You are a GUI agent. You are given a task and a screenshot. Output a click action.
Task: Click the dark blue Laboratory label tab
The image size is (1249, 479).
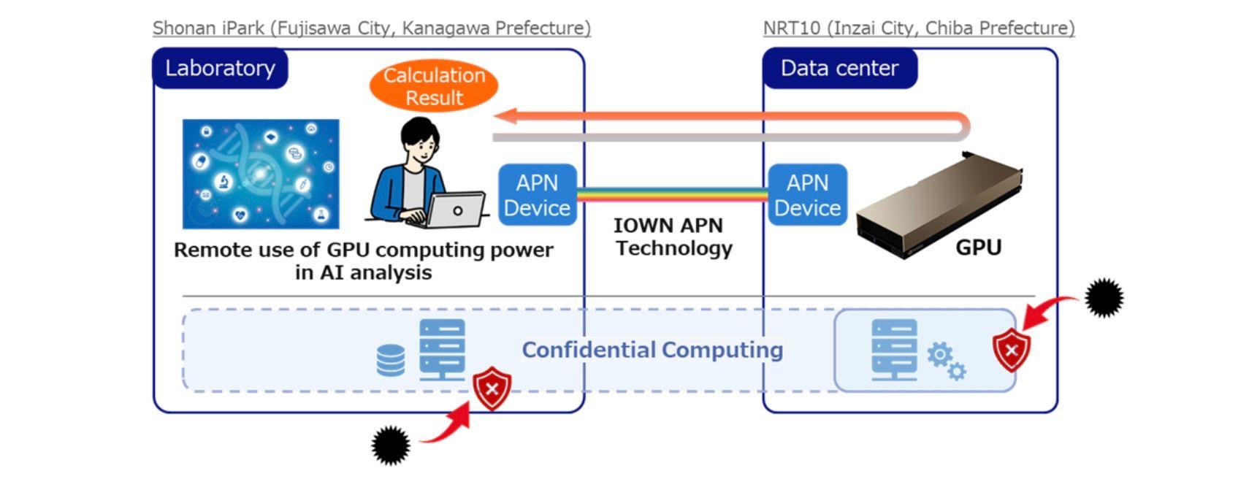[220, 69]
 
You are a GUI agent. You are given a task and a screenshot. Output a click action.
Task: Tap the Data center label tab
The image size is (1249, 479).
[839, 69]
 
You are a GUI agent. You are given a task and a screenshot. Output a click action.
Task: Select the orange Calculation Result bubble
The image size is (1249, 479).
[434, 86]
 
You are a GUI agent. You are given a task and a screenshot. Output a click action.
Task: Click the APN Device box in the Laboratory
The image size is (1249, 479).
[537, 195]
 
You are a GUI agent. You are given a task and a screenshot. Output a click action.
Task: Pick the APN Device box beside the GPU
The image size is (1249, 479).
[807, 195]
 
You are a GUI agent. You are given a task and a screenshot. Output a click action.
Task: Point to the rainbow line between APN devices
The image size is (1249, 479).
[672, 195]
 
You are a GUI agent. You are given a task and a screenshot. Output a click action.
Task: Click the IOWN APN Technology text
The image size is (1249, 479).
[673, 237]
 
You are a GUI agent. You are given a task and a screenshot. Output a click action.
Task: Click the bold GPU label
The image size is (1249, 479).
[978, 248]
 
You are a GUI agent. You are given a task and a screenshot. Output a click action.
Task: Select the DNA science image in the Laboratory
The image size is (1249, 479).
[261, 174]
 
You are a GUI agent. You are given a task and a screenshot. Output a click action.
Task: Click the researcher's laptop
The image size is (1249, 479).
[455, 210]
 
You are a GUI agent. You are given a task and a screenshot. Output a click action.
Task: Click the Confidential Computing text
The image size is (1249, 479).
[652, 350]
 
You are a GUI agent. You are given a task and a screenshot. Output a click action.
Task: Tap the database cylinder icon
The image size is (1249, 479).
[390, 360]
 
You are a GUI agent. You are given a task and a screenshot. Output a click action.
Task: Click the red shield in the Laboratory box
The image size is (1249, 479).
[492, 388]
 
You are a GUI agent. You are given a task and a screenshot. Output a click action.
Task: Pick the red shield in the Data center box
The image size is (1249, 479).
[1011, 350]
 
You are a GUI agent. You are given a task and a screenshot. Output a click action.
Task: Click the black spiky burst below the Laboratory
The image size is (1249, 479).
[391, 445]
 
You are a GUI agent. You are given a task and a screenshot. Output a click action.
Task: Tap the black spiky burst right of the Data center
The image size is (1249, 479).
[1104, 297]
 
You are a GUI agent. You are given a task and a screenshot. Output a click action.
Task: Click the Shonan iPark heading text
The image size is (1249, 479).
[371, 28]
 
